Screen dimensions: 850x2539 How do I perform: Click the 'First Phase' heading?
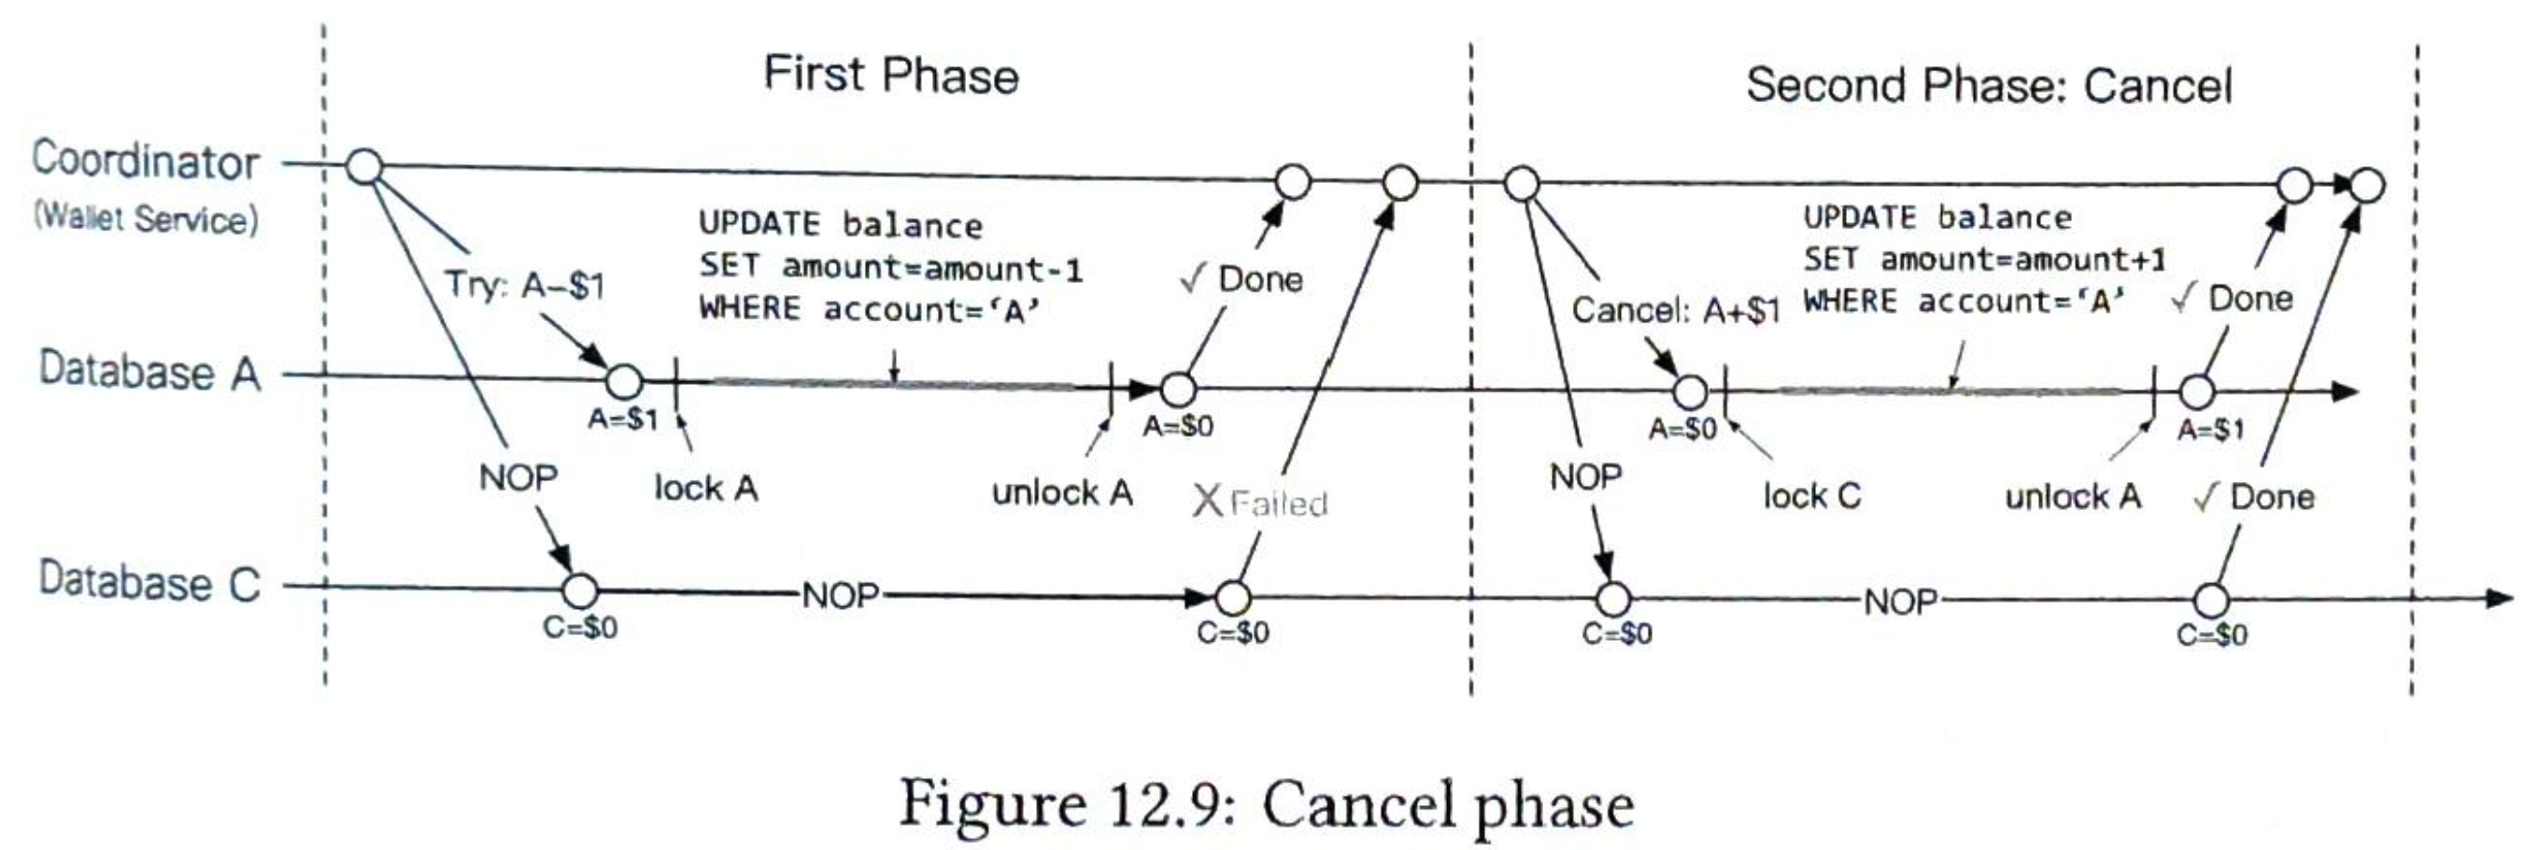coord(891,75)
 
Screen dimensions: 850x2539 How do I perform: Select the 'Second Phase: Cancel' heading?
coord(1988,85)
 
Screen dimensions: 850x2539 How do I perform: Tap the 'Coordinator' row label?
coord(146,161)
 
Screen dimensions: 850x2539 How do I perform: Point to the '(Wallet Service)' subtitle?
coord(146,218)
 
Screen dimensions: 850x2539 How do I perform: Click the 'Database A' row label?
coord(149,372)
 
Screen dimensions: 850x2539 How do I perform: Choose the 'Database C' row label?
coord(149,581)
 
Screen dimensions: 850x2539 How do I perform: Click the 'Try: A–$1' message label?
coord(524,285)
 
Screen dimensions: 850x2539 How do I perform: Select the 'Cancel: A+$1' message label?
coord(1675,311)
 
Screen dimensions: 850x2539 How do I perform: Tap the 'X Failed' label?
coord(1261,503)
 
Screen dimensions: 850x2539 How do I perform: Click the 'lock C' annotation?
coord(1811,495)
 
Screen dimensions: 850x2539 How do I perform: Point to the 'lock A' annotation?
coord(705,489)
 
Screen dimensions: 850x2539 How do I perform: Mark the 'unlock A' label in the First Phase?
coord(1061,492)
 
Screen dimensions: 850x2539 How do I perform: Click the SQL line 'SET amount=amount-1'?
coord(890,267)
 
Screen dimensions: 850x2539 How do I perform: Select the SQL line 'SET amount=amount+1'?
coord(1984,260)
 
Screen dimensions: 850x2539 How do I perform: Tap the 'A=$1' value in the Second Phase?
coord(2211,430)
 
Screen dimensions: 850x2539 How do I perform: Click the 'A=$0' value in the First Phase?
coord(1178,426)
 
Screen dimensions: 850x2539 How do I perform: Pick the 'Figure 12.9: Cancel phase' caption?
coord(1267,804)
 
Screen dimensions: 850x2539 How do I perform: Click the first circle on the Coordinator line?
coord(364,166)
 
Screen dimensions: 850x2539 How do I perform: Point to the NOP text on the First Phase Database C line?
coord(840,596)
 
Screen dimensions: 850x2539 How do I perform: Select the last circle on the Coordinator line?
coord(2366,185)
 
